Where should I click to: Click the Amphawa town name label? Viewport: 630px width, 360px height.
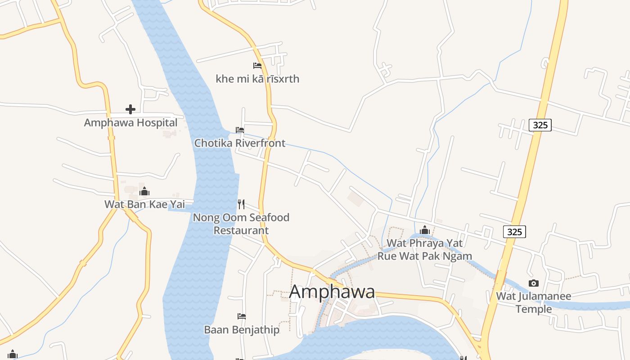pyautogui.click(x=332, y=292)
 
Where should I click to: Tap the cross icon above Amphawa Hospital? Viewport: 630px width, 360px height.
pyautogui.click(x=130, y=109)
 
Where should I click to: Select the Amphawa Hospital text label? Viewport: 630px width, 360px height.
pyautogui.click(x=130, y=122)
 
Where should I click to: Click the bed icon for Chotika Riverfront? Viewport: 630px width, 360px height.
pyautogui.click(x=240, y=130)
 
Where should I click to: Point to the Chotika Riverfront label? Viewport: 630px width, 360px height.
pyautogui.click(x=239, y=143)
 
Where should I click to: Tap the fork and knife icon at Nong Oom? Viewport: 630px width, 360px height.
pyautogui.click(x=241, y=204)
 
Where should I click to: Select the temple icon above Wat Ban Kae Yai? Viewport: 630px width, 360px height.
pyautogui.click(x=144, y=192)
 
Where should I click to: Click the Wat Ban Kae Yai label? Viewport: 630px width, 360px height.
pyautogui.click(x=144, y=204)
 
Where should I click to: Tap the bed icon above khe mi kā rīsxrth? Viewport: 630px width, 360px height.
pyautogui.click(x=257, y=66)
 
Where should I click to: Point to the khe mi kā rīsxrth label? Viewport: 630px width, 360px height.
pyautogui.click(x=257, y=79)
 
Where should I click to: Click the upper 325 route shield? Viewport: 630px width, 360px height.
pyautogui.click(x=540, y=125)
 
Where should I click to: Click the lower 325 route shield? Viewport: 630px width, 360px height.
pyautogui.click(x=514, y=232)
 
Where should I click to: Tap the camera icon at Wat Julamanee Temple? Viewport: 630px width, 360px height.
pyautogui.click(x=534, y=283)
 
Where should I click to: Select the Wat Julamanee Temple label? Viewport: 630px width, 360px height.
pyautogui.click(x=534, y=302)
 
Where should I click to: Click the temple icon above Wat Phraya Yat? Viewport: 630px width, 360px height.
pyautogui.click(x=425, y=230)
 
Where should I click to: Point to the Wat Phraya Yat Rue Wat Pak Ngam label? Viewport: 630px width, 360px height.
pyautogui.click(x=425, y=250)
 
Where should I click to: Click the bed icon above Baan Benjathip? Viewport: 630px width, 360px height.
pyautogui.click(x=242, y=316)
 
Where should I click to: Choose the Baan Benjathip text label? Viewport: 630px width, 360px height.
pyautogui.click(x=242, y=330)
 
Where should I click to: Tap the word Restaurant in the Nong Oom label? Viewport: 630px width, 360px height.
pyautogui.click(x=241, y=230)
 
